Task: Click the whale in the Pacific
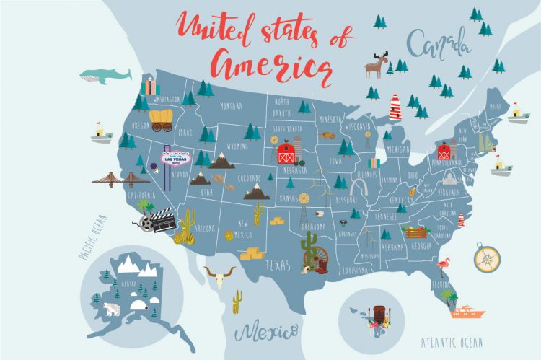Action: (105, 75)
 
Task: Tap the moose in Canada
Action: (375, 65)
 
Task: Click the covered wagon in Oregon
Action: (162, 120)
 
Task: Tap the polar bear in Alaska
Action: (113, 309)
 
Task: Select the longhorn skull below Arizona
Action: (219, 275)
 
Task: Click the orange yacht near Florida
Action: (467, 312)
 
